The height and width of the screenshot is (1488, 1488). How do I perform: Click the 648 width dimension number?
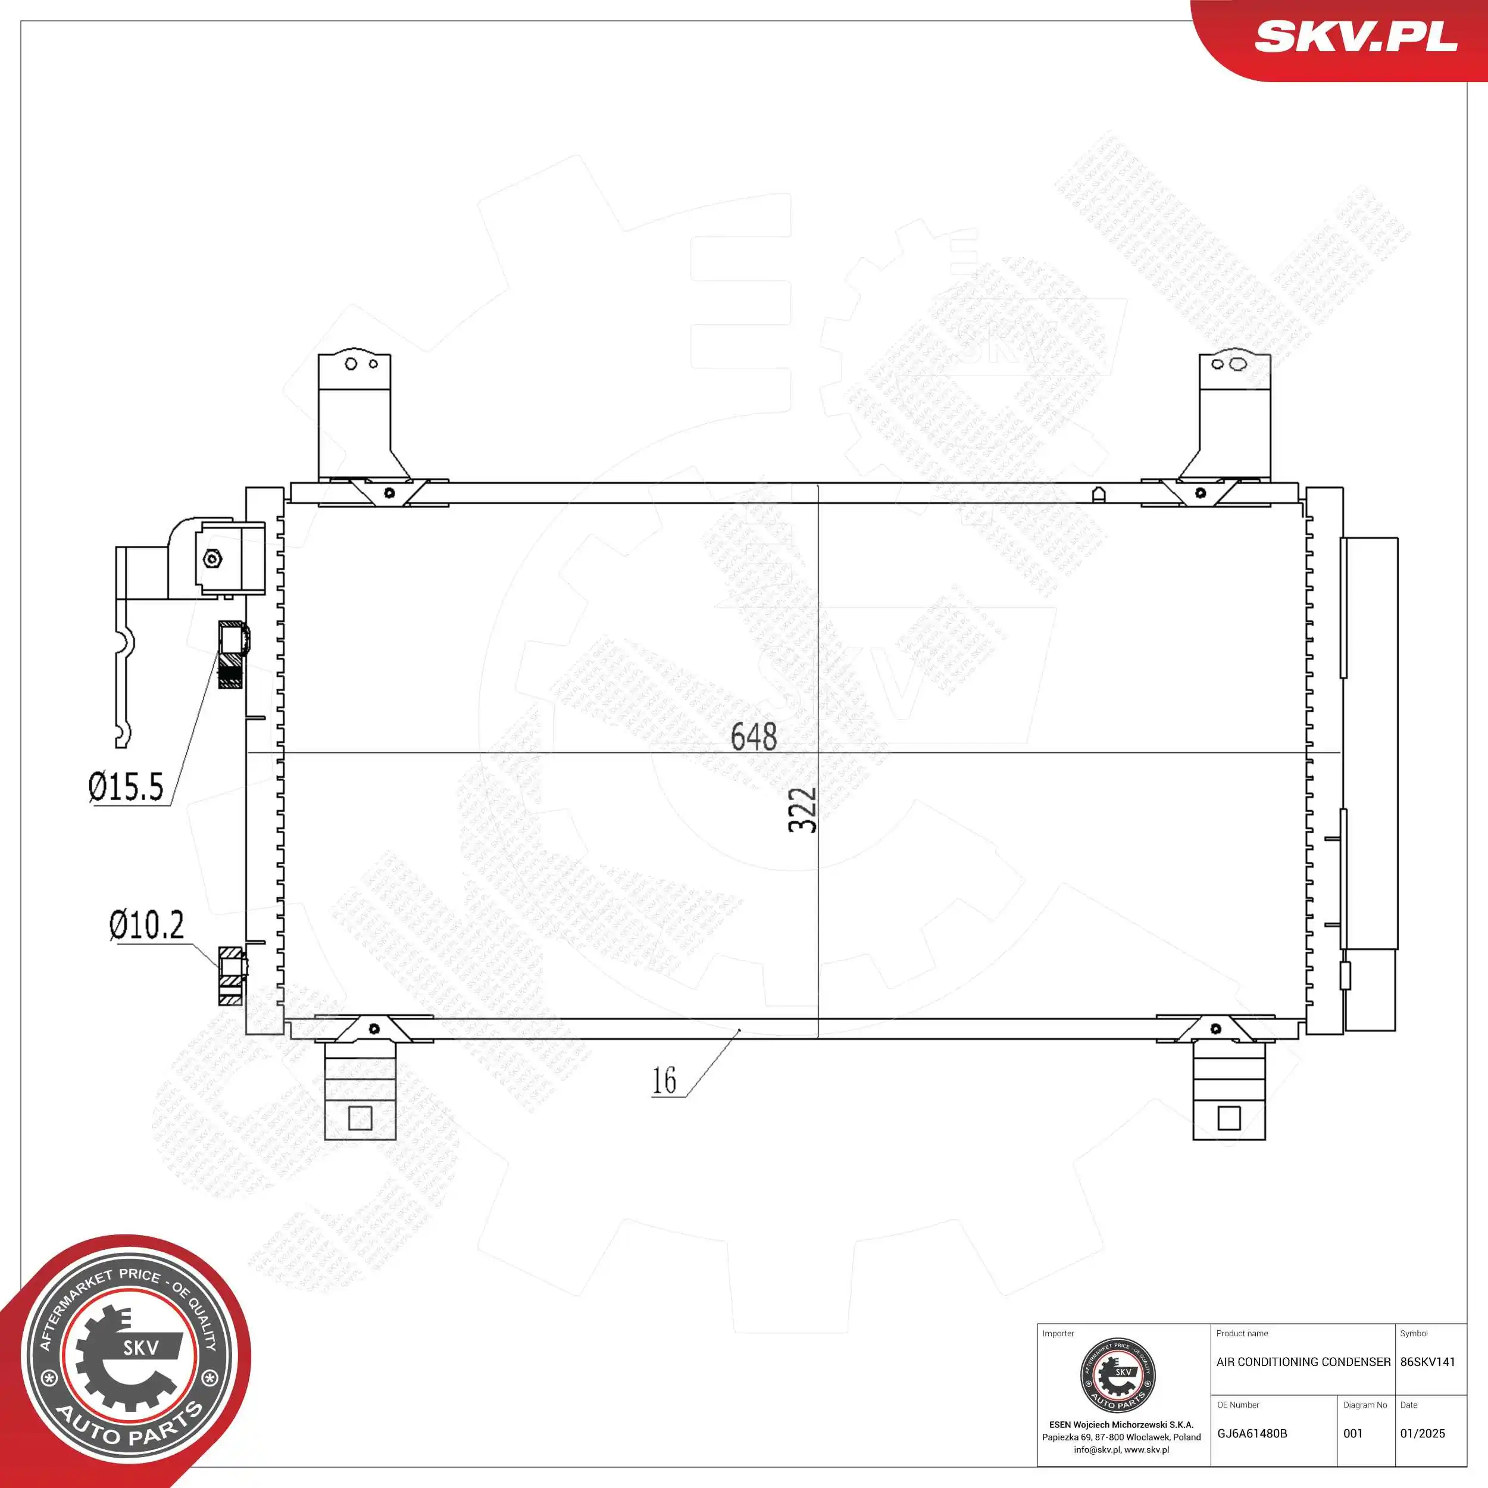coord(754,737)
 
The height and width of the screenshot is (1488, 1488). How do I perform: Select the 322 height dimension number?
coord(802,809)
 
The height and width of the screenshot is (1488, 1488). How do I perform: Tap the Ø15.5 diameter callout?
coord(126,787)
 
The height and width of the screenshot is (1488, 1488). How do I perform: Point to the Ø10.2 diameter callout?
coord(146,925)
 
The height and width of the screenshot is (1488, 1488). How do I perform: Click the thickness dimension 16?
coord(664,1080)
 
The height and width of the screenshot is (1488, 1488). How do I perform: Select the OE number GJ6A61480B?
coord(1252,1434)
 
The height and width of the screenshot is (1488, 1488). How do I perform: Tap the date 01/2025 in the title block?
coord(1423,1434)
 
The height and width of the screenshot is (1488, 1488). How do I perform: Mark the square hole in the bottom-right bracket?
coord(1229,1118)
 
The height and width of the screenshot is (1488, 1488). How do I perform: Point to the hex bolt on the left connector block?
coord(212,559)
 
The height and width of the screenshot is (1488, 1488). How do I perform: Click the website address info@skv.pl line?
coord(1121,1449)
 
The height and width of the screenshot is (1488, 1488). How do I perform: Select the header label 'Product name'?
coord(1242,1333)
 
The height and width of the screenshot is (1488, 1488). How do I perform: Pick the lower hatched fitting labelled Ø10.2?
coord(232,975)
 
